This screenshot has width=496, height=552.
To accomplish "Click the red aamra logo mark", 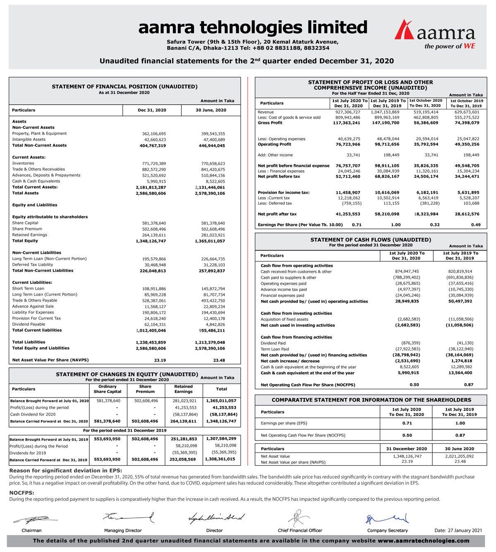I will coord(404,30).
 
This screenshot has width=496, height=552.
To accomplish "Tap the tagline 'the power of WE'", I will coord(450,46).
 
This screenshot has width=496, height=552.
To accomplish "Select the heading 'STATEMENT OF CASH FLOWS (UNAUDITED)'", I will coord(370,240).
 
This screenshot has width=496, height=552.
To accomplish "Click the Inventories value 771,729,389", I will coord(154,164).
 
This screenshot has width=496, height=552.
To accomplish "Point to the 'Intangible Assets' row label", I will coord(29,140).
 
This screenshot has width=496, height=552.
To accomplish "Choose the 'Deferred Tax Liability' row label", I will coord(33,265).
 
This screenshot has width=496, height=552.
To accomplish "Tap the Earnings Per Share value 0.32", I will coord(434,225).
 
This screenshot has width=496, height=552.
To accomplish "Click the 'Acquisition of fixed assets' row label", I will coord(284,319).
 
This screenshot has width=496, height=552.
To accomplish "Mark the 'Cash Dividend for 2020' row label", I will coord(33,414).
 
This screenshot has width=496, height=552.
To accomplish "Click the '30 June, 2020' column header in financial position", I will coord(211,110).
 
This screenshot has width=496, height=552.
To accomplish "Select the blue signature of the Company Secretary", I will coord(387,519).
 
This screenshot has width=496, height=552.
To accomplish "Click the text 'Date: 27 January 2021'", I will coord(458,531).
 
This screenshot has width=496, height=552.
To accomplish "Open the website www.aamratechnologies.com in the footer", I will coord(423,541).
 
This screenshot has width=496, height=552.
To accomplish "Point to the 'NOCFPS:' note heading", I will coord(21,493).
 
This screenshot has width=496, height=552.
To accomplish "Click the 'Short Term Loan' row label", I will coord(28,289).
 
